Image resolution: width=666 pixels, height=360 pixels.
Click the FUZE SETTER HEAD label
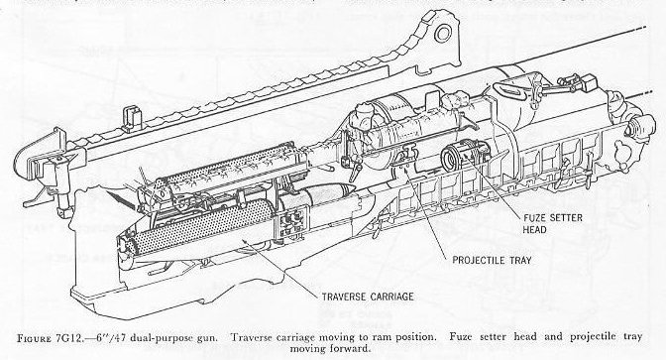553,223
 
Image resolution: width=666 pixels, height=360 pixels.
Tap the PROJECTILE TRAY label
492,260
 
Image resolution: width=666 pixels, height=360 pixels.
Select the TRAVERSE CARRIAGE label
368,297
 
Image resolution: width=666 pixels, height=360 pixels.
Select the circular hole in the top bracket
443,34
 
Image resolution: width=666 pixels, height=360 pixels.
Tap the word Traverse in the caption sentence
252,338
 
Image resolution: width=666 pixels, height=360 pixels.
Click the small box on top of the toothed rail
131,116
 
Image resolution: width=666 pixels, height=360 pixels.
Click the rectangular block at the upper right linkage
589,83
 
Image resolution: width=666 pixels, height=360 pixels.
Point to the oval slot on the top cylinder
509,90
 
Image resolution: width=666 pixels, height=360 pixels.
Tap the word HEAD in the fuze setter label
535,229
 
